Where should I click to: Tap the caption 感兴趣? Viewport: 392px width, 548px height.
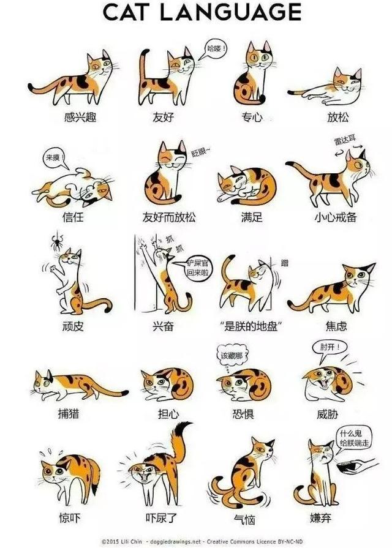click(77, 117)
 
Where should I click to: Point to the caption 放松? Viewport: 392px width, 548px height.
click(338, 117)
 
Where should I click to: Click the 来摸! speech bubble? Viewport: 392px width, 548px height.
click(53, 158)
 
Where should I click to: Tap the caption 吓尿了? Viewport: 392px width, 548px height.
click(164, 518)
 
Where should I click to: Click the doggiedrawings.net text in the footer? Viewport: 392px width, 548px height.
click(158, 541)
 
